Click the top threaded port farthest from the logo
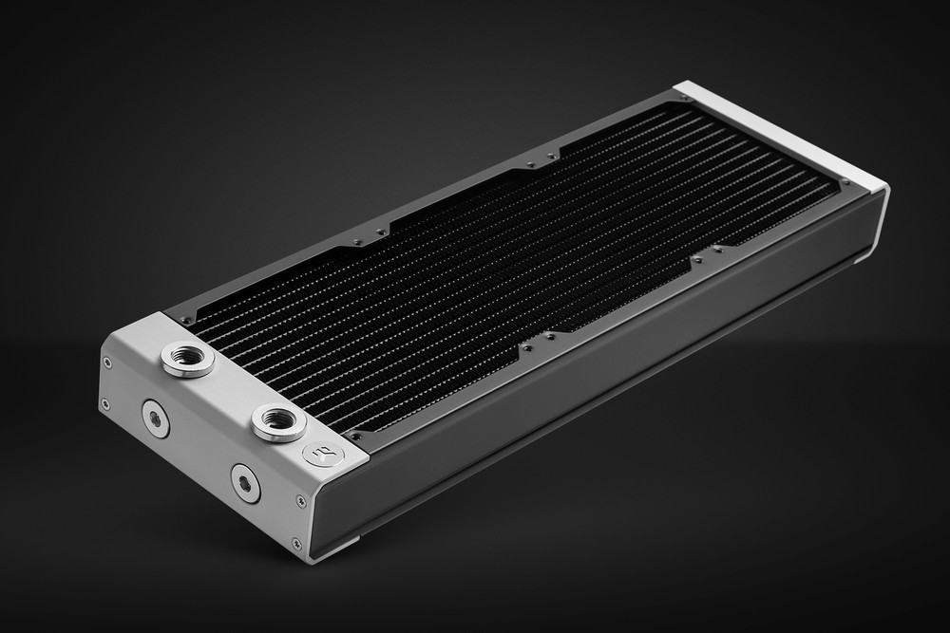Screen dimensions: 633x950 pyautogui.click(x=187, y=359)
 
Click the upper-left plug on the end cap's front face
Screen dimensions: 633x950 pyautogui.click(x=155, y=417)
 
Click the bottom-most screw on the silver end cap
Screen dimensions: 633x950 pyautogui.click(x=296, y=543)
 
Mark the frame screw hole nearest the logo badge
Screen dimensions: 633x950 pyautogui.click(x=357, y=435)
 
